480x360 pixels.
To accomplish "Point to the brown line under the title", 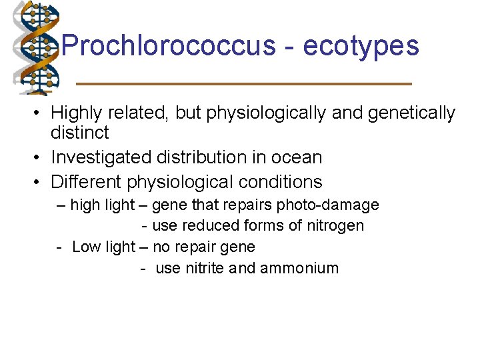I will [244, 83].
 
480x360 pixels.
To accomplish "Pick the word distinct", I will [79, 133].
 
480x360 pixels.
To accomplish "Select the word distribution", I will [201, 157].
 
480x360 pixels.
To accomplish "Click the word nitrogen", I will [335, 225].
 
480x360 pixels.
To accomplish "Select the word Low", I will [86, 247].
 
